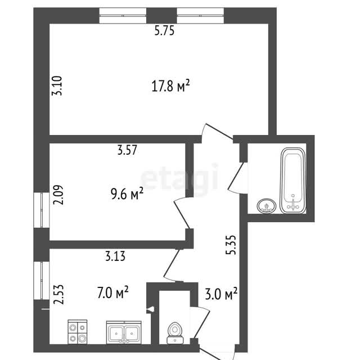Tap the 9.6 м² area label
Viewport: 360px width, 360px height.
click(127, 194)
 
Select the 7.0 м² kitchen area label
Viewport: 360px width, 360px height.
click(112, 292)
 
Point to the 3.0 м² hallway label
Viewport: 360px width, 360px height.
click(221, 294)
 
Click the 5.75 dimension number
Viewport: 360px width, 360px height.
click(164, 30)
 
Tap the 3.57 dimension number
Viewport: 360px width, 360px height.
click(127, 150)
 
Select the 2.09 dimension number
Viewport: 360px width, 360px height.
click(57, 195)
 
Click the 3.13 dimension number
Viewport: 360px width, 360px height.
click(115, 256)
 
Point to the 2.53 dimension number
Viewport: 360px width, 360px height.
click(58, 295)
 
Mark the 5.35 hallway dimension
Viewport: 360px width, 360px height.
click(231, 245)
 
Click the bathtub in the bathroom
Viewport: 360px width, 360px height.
click(293, 181)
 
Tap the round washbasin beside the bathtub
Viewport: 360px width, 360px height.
click(266, 206)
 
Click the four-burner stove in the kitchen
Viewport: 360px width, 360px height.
click(78, 332)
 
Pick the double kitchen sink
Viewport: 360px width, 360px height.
click(124, 332)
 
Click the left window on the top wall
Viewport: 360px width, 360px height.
click(123, 16)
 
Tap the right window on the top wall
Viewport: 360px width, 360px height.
click(200, 16)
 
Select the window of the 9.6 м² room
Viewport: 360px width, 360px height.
click(42, 210)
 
